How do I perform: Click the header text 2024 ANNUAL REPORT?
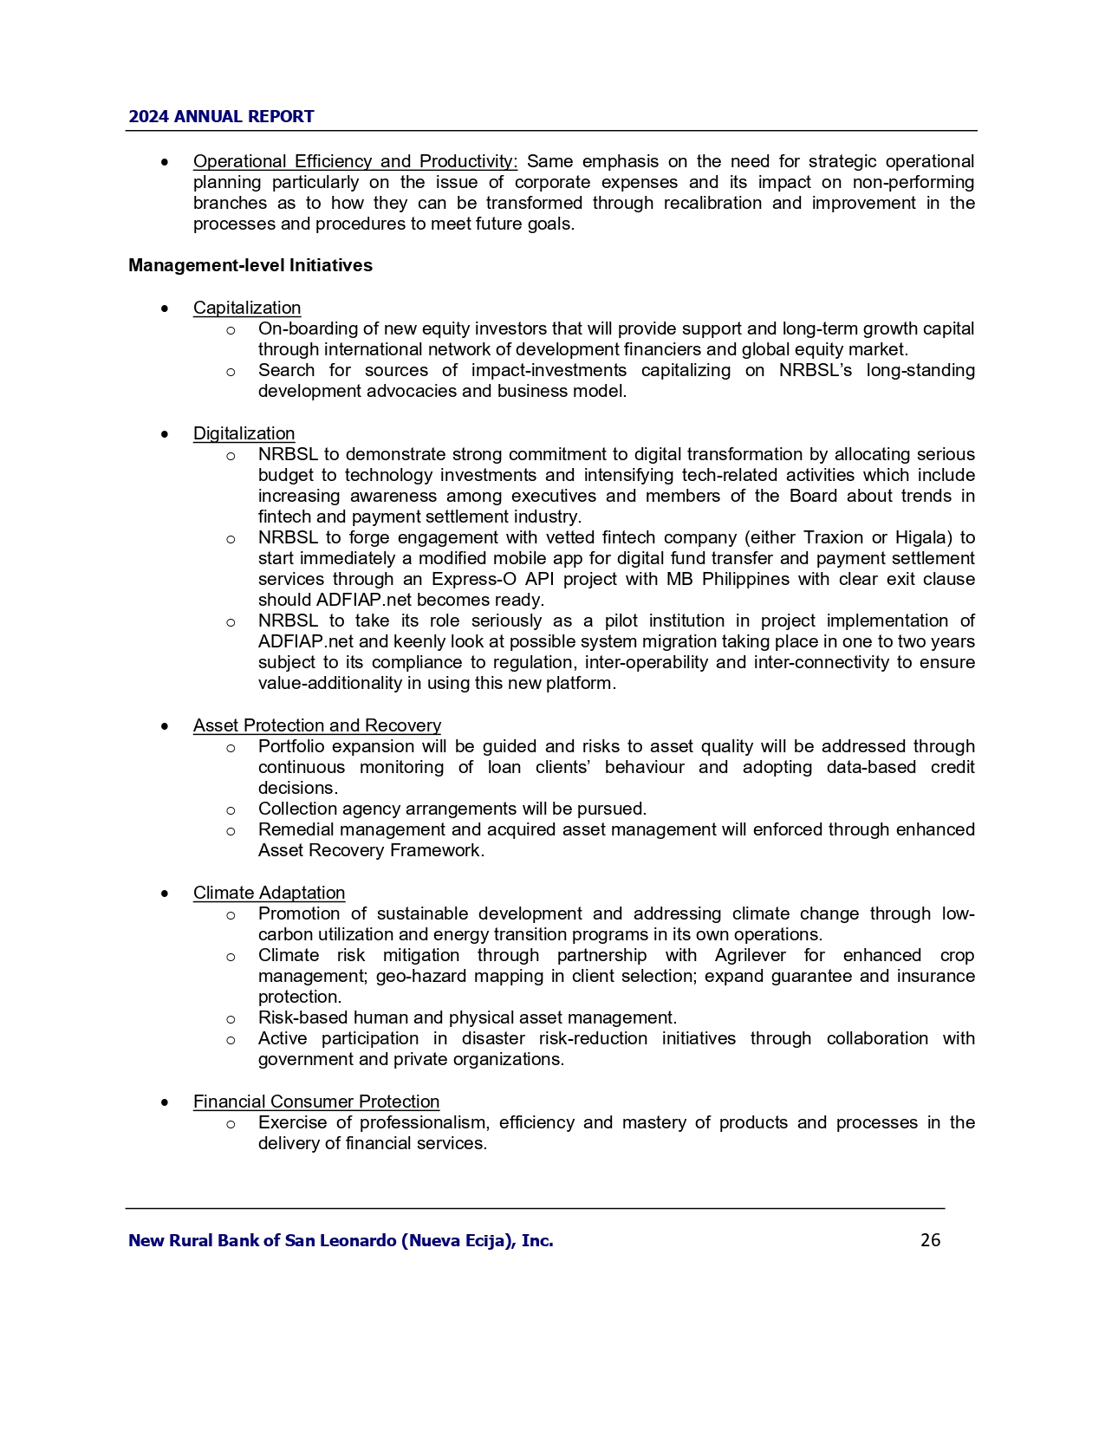(221, 116)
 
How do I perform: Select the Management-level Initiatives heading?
(250, 265)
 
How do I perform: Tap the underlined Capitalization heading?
(247, 308)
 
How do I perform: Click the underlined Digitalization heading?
(244, 433)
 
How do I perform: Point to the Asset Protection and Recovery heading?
(316, 725)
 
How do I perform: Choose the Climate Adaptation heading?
(269, 893)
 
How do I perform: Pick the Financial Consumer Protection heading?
(316, 1102)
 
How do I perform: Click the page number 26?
(930, 1240)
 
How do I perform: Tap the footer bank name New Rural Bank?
(341, 1240)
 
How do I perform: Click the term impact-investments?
(549, 370)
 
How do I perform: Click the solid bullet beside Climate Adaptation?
(165, 894)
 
